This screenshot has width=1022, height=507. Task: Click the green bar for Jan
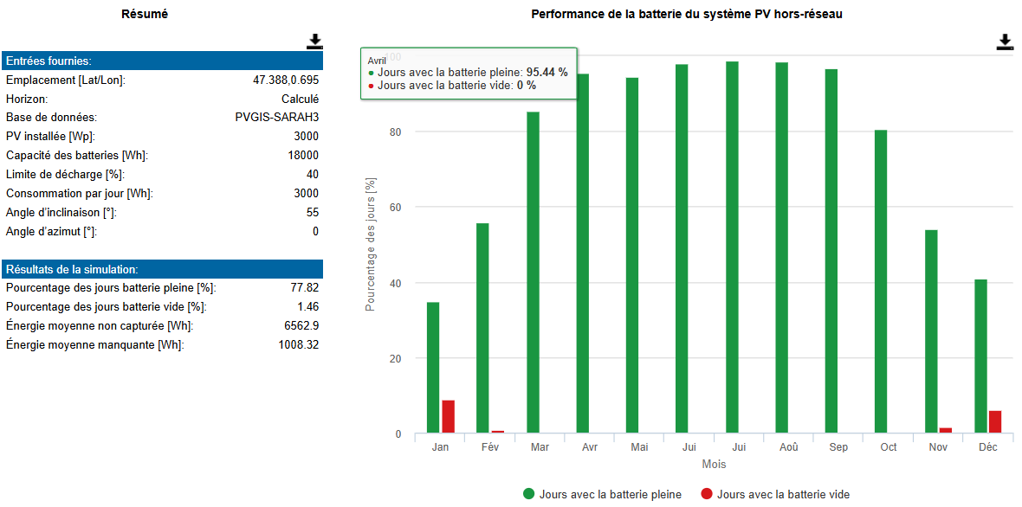(433, 368)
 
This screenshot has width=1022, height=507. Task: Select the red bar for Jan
(449, 417)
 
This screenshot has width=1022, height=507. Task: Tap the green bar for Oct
(881, 282)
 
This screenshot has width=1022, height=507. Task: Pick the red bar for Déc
(994, 422)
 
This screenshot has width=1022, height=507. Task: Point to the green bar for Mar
(533, 273)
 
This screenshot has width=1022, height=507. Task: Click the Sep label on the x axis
(839, 447)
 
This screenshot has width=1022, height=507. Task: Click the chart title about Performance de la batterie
(688, 15)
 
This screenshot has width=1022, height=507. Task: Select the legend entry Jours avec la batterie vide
(775, 494)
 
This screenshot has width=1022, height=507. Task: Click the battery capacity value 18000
(304, 156)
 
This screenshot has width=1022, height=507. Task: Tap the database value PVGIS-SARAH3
(277, 118)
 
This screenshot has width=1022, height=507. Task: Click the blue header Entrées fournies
(162, 61)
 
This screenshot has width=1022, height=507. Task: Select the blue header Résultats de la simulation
(162, 269)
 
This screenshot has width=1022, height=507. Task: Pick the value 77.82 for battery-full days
(305, 287)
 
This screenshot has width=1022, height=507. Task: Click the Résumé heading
(145, 15)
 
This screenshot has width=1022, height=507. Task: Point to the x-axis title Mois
(714, 465)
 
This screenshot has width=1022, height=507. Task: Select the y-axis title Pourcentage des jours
(370, 245)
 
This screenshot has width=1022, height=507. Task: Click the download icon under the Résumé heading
(315, 42)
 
